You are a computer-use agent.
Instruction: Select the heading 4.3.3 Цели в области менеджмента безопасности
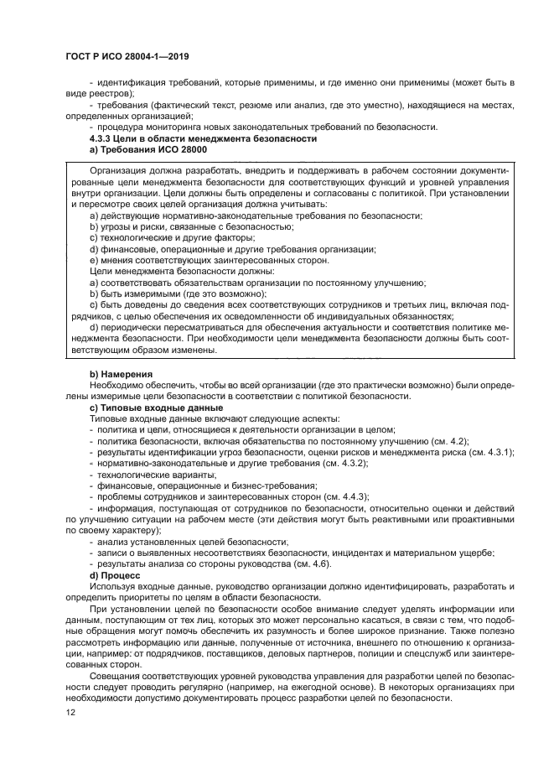[203, 138]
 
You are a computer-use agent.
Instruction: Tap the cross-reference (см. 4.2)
[448, 440]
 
